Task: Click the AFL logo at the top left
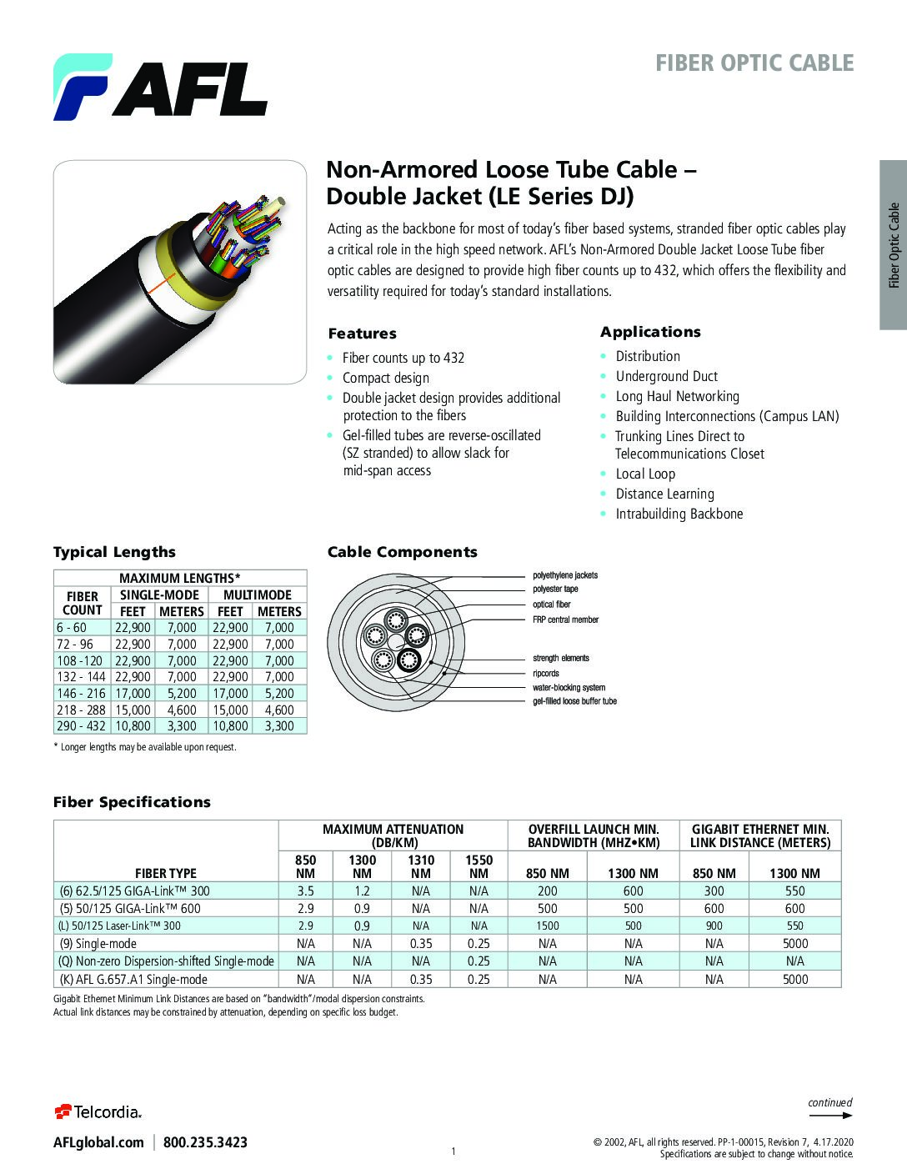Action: pyautogui.click(x=160, y=87)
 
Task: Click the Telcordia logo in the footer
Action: pyautogui.click(x=98, y=1111)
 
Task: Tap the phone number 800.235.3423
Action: pyautogui.click(x=205, y=1142)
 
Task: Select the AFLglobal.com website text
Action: pyautogui.click(x=98, y=1142)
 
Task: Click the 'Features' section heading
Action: pyautogui.click(x=362, y=334)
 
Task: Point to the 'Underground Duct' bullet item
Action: pyautogui.click(x=666, y=376)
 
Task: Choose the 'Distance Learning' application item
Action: pyautogui.click(x=664, y=494)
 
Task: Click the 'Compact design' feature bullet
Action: pyautogui.click(x=385, y=378)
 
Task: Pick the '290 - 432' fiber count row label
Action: pyautogui.click(x=81, y=726)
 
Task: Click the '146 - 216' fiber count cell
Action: pyautogui.click(x=81, y=693)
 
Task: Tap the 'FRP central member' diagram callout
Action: pyautogui.click(x=565, y=620)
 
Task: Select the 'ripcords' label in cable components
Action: pyautogui.click(x=546, y=673)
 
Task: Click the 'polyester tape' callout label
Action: pyautogui.click(x=555, y=589)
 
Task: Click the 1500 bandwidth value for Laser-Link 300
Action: pyautogui.click(x=548, y=926)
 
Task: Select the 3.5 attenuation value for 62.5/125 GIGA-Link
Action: pyautogui.click(x=305, y=891)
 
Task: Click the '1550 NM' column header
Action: pyautogui.click(x=479, y=866)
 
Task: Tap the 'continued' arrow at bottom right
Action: pyautogui.click(x=830, y=1108)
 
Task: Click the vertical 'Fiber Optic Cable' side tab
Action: pyautogui.click(x=894, y=245)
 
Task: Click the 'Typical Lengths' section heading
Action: pyautogui.click(x=114, y=552)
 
